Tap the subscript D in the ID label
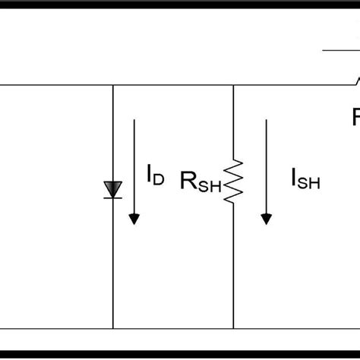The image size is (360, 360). [x=158, y=180]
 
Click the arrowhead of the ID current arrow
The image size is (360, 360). [x=134, y=219]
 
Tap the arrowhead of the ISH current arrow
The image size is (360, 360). [x=266, y=219]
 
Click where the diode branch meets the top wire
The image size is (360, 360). [x=113, y=85]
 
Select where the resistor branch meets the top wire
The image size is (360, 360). [x=233, y=85]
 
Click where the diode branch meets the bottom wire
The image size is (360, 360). [x=113, y=330]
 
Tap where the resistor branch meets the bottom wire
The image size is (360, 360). [x=233, y=330]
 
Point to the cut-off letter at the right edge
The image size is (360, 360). [x=355, y=118]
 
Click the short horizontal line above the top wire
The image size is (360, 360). [x=340, y=50]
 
